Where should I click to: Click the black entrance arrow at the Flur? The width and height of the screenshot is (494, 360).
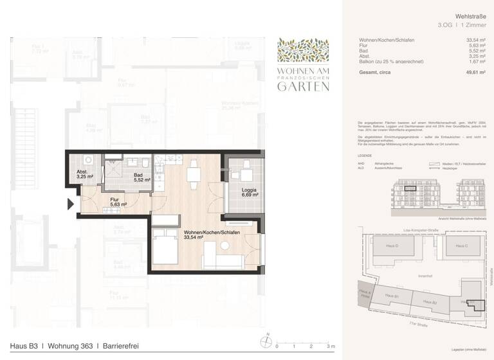pyautogui.click(x=71, y=206)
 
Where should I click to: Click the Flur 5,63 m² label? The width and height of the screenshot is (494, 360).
pyautogui.click(x=118, y=203)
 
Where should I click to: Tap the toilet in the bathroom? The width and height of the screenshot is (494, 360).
pyautogui.click(x=147, y=166)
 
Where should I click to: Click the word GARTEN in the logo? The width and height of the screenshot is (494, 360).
pyautogui.click(x=303, y=86)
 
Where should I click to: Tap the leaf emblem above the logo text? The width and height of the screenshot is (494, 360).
pyautogui.click(x=303, y=49)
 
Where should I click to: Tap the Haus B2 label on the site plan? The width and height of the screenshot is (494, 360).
pyautogui.click(x=430, y=302)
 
